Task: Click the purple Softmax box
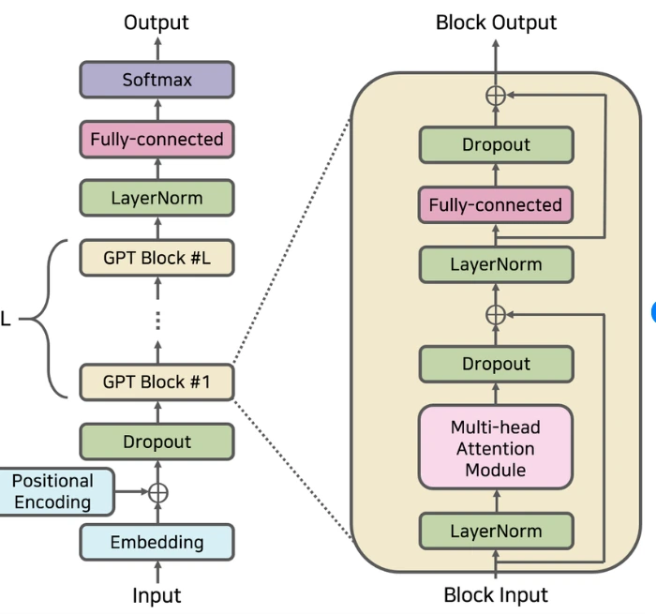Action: point(157,81)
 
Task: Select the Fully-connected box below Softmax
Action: point(157,140)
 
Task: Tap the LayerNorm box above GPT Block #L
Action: point(157,199)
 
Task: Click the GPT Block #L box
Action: point(157,258)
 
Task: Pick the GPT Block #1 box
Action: point(157,382)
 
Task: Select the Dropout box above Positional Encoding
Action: point(157,442)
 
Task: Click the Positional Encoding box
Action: point(52,491)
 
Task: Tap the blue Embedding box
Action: point(157,542)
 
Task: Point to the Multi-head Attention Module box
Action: point(495,447)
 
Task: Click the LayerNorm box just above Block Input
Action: point(495,532)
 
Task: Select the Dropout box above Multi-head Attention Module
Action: point(495,364)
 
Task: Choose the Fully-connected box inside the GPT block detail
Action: point(495,205)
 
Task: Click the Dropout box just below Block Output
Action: point(495,145)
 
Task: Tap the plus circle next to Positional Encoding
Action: point(157,492)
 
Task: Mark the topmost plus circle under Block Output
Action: point(495,95)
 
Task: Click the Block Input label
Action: point(495,594)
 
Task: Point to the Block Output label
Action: point(496,22)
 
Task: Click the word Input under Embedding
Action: point(157,595)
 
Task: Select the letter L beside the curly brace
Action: point(6,320)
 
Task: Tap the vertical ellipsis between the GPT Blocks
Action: point(157,321)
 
